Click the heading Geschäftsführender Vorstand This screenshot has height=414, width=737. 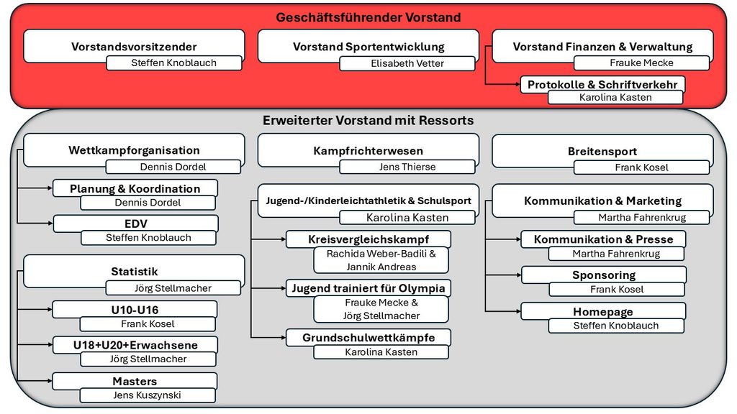[x=368, y=17]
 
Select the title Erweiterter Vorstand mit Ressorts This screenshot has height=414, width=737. [x=368, y=121]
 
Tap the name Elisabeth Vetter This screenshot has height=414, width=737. [x=407, y=63]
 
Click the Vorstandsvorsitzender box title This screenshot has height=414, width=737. [x=134, y=47]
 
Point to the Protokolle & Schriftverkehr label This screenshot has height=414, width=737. [x=602, y=85]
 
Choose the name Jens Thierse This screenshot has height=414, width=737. [x=407, y=167]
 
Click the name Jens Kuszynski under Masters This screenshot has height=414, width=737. [x=147, y=395]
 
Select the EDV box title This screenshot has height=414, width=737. [x=136, y=224]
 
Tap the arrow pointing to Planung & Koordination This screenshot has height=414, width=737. [x=35, y=188]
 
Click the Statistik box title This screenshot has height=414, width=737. [x=135, y=271]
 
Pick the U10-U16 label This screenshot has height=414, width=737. [x=135, y=310]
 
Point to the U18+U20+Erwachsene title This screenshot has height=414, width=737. [x=135, y=345]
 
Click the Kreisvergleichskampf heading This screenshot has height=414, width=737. [x=368, y=239]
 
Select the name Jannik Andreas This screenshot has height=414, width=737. [x=381, y=267]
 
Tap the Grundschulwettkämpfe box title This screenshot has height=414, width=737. [x=368, y=338]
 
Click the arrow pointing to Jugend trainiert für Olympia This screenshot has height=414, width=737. [x=268, y=287]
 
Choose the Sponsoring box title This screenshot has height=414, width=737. [x=604, y=275]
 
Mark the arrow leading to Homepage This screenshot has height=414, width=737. [x=503, y=310]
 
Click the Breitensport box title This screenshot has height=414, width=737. [x=602, y=151]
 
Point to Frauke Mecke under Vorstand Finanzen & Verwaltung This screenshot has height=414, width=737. [x=641, y=63]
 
